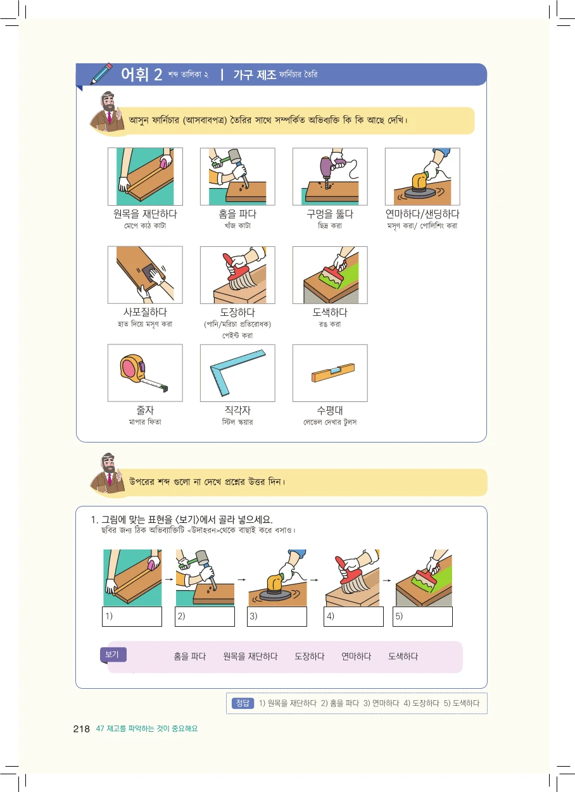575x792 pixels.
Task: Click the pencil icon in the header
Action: click(x=101, y=73)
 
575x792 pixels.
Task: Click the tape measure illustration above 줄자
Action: click(x=141, y=373)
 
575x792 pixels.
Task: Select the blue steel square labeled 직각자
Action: click(x=237, y=372)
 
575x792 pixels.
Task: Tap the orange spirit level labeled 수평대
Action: click(x=332, y=372)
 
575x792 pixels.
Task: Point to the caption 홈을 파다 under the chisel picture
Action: click(x=237, y=214)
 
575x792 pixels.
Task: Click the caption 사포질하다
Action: click(x=145, y=312)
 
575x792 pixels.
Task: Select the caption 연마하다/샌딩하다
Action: click(x=422, y=214)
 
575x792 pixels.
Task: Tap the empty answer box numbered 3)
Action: click(x=277, y=617)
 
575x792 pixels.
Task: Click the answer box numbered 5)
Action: click(x=422, y=617)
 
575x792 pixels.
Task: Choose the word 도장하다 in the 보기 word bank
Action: click(x=310, y=657)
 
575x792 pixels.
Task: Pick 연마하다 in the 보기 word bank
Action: click(x=356, y=657)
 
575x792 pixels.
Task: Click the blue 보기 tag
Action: click(x=113, y=655)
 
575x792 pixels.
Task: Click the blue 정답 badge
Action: click(x=243, y=703)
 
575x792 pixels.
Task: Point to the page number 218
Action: click(x=81, y=729)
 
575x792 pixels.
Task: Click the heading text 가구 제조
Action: click(x=255, y=75)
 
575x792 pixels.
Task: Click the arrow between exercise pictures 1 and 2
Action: click(x=169, y=579)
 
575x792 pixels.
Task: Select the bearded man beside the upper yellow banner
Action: click(x=107, y=113)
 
